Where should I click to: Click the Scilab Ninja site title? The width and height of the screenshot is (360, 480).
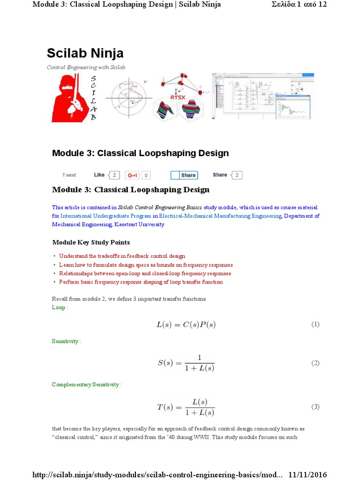[x=85, y=52]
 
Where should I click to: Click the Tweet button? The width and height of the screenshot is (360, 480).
[x=69, y=175]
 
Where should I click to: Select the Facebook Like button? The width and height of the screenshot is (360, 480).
[x=99, y=175]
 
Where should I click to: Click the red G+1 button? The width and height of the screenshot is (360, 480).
[x=133, y=175]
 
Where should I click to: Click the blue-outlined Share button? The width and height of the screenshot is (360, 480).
[x=184, y=175]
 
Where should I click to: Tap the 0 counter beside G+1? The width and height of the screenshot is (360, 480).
[x=146, y=175]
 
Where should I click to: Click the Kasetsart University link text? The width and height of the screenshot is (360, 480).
[x=140, y=225]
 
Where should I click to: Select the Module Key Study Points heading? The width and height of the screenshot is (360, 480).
[x=91, y=242]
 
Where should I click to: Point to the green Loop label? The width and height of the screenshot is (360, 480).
[x=59, y=307]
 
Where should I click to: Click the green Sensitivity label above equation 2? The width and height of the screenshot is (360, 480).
[x=66, y=341]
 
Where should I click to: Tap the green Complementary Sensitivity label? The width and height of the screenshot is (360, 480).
[x=86, y=384]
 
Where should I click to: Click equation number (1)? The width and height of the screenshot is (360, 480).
[x=315, y=324]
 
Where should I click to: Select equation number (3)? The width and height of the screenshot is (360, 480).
[x=315, y=406]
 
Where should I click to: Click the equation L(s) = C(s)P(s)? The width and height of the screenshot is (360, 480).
[x=186, y=324]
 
